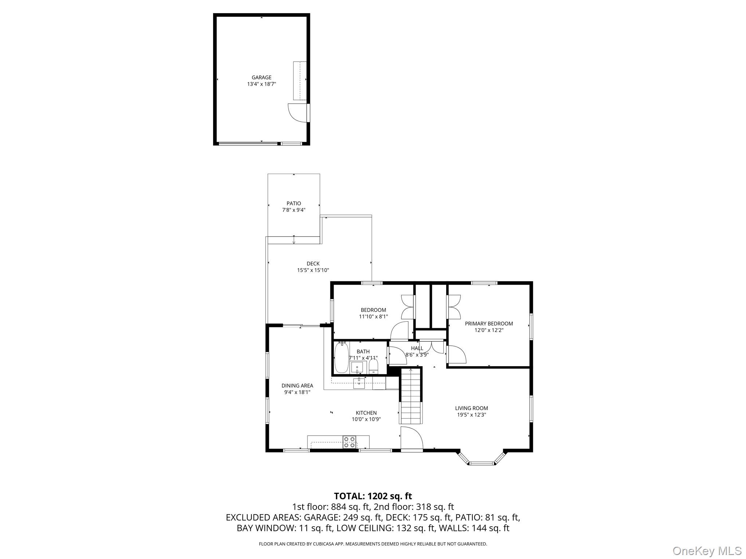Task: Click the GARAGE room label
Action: point(262,78)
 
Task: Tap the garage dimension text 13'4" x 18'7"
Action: point(262,84)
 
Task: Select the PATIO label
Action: point(294,203)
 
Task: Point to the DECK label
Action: point(313,263)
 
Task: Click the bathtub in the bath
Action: point(341,357)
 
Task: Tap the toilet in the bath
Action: point(374,365)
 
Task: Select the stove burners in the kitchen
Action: point(349,442)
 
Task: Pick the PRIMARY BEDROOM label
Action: point(489,324)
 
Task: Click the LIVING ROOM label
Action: point(471,408)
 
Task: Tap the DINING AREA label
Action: point(297,386)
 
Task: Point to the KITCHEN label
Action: point(366,413)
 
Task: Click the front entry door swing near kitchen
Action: point(411,437)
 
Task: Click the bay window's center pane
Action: point(482,463)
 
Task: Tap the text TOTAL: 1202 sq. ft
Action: point(373,496)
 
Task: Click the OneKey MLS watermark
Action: point(707,551)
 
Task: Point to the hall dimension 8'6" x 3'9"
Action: point(417,354)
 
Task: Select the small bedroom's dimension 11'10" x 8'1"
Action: point(373,317)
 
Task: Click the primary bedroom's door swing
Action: point(456,354)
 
